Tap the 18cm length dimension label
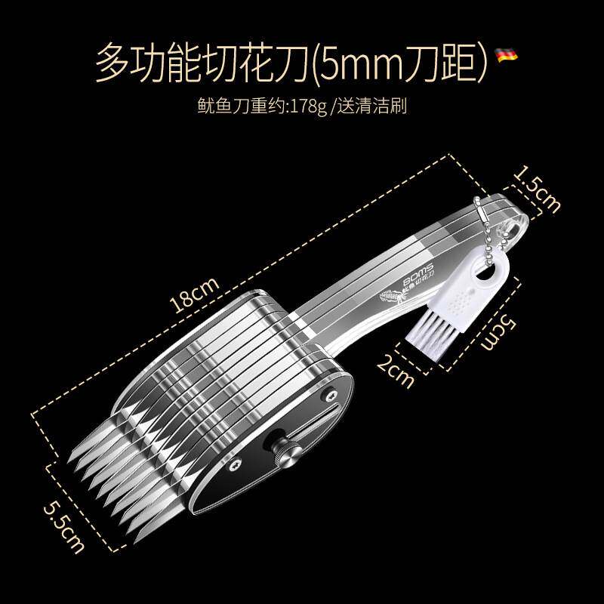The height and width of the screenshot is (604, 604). pyautogui.click(x=194, y=294)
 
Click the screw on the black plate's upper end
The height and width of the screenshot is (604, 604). pyautogui.click(x=331, y=394)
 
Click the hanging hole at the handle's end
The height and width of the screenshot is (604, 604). pyautogui.click(x=516, y=225)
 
